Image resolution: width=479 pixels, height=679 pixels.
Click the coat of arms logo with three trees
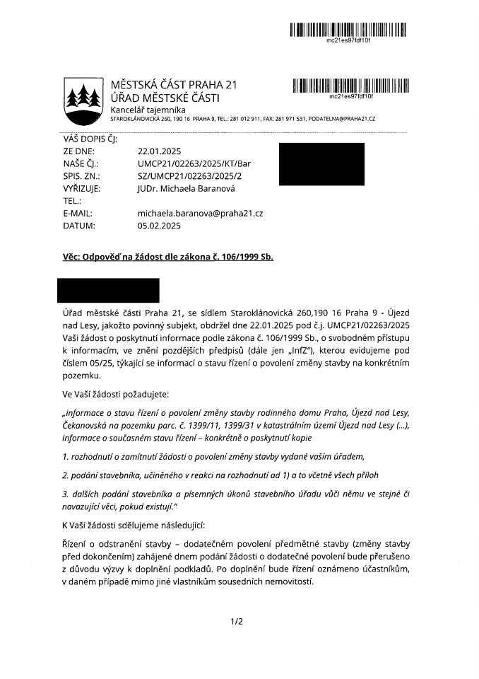(82, 98)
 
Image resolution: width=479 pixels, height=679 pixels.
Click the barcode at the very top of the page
(349, 30)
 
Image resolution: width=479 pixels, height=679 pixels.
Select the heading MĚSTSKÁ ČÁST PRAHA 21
(174, 86)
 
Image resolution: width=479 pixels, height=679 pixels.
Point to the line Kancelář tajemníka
(148, 110)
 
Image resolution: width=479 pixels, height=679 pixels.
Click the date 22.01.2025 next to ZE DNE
(159, 151)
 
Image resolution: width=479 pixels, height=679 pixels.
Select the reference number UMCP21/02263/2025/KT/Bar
(194, 163)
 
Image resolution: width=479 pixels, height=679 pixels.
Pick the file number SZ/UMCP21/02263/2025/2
(189, 176)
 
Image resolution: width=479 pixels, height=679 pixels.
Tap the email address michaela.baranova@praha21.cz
(200, 214)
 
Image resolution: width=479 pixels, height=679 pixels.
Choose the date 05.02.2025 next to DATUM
(159, 226)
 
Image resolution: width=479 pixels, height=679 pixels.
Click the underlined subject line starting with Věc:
(168, 257)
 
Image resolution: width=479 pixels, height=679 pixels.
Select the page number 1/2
(237, 622)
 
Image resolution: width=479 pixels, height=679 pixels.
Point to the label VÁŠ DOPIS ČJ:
(90, 139)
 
